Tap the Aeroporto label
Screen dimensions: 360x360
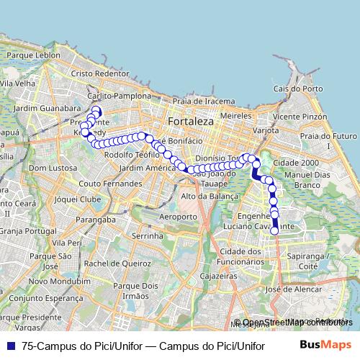[178, 217]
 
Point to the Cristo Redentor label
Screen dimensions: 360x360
[99, 74]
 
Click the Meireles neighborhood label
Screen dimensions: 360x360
[235, 115]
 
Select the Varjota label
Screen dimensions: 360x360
[266, 131]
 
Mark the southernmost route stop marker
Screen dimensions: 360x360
[274, 230]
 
